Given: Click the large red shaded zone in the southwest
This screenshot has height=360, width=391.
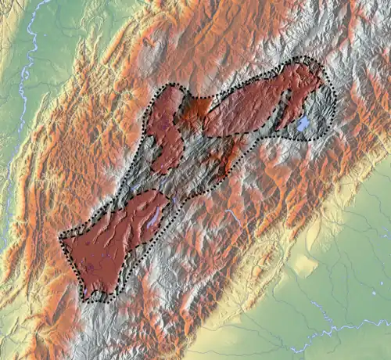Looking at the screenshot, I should tap(109, 243).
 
